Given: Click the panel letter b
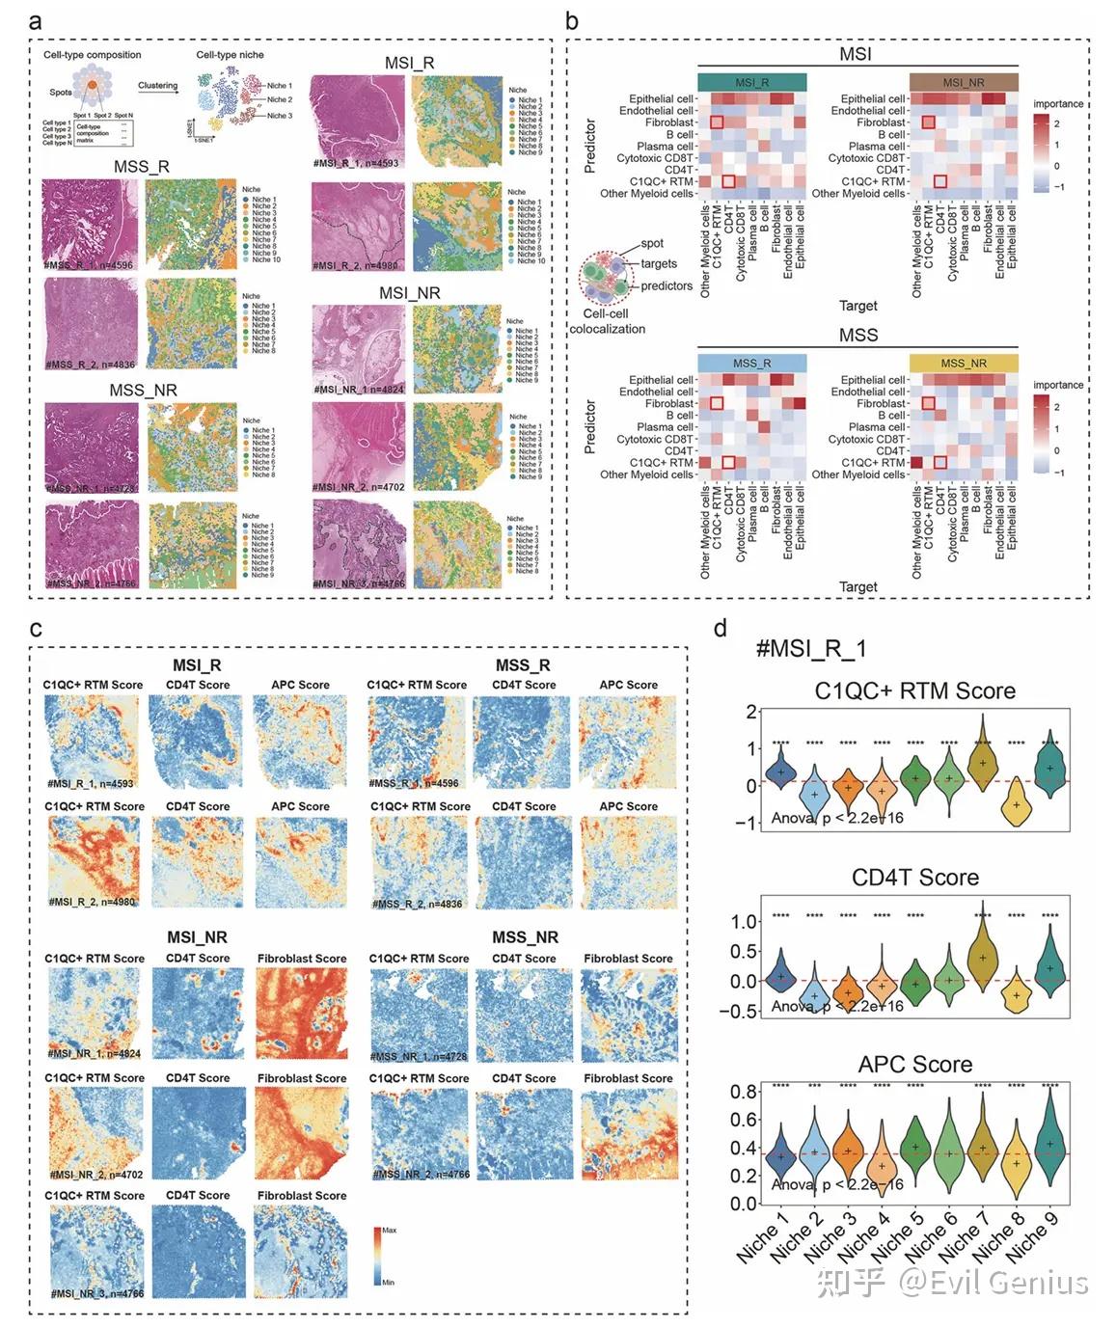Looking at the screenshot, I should (x=572, y=21).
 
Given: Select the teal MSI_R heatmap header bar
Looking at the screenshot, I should (x=751, y=82).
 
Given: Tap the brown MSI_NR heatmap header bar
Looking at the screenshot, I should (x=963, y=82).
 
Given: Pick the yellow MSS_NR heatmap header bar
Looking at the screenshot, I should (x=963, y=363).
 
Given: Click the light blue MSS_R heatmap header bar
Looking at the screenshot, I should (x=751, y=363).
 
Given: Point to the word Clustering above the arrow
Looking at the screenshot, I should (x=157, y=86).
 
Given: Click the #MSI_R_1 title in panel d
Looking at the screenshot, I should (x=810, y=648).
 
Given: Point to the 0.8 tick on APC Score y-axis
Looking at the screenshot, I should (x=744, y=1092).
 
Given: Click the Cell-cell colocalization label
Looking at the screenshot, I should (x=607, y=321).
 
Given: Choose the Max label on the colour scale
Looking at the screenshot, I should (x=390, y=1230).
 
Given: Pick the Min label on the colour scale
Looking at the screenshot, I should (x=388, y=1282).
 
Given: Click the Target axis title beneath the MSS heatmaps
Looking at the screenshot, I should (x=857, y=586).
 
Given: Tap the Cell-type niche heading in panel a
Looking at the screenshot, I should (x=230, y=55).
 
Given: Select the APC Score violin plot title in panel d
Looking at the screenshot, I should (x=914, y=1064).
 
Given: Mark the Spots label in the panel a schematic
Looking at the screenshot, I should (x=61, y=93).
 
